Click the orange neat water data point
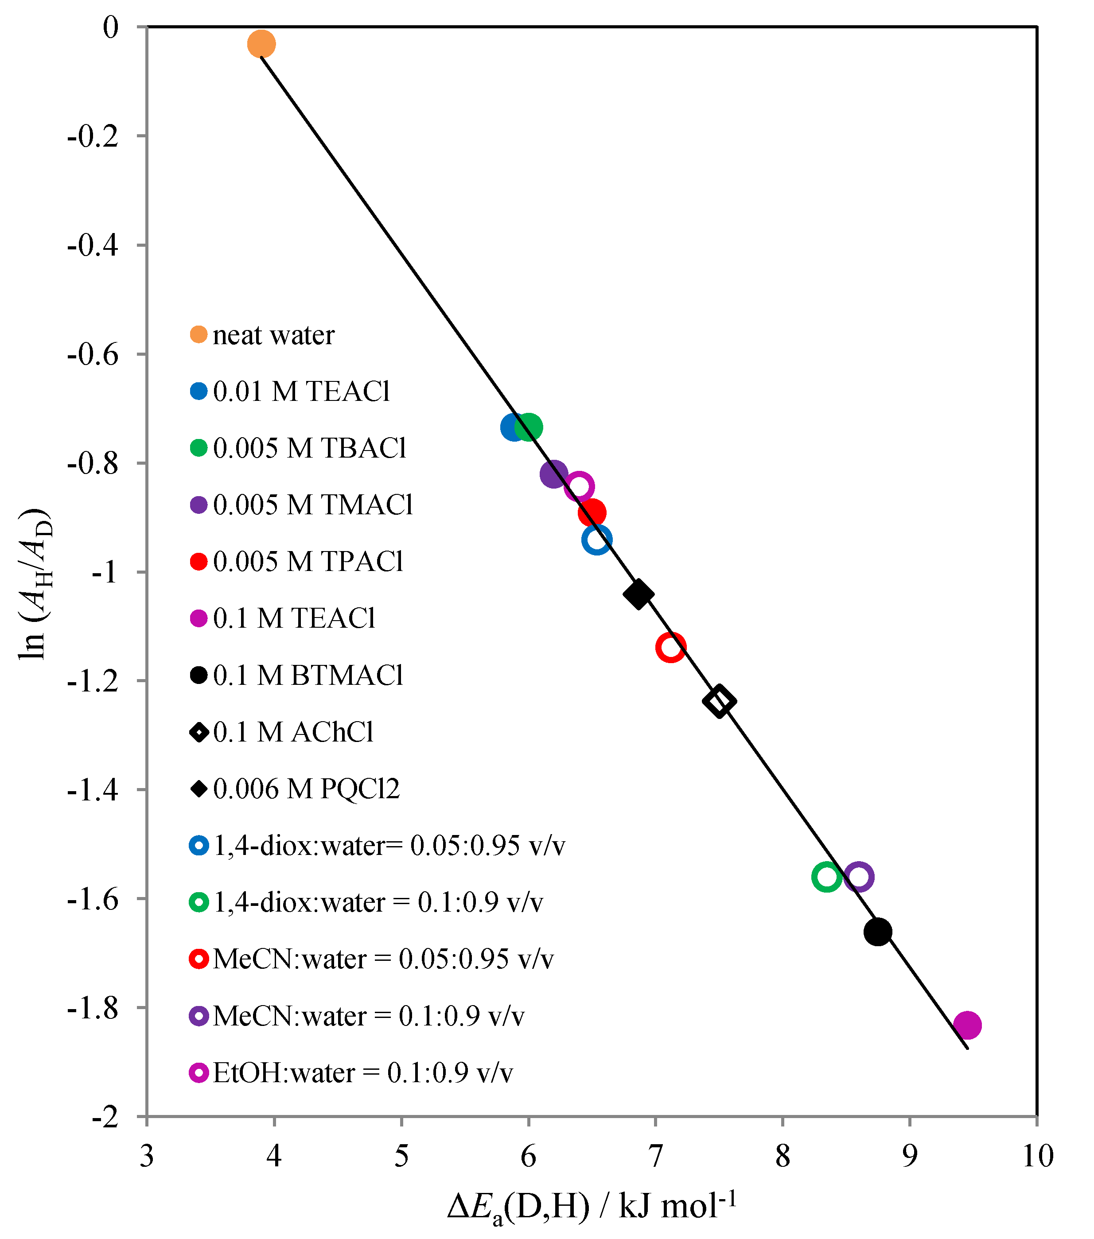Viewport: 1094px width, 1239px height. pyautogui.click(x=261, y=44)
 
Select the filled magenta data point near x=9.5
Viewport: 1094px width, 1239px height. pyautogui.click(x=967, y=1025)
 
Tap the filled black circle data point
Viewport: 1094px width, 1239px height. pyautogui.click(x=877, y=932)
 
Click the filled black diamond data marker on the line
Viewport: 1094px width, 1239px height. pyautogui.click(x=638, y=594)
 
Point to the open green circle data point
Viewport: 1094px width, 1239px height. pyautogui.click(x=826, y=877)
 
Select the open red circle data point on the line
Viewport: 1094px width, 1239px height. pyautogui.click(x=671, y=647)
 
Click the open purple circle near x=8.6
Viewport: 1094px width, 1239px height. pyautogui.click(x=859, y=877)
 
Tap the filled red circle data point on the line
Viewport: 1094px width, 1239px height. pyautogui.click(x=592, y=513)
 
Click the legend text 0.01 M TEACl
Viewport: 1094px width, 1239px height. pyautogui.click(x=301, y=392)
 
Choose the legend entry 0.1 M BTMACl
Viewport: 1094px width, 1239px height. pyautogui.click(x=308, y=675)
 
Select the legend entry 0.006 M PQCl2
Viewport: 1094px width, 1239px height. pyautogui.click(x=306, y=788)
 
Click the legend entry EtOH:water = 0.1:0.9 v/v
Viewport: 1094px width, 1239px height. pyautogui.click(x=362, y=1073)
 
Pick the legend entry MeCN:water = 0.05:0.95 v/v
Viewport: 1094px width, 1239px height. pyautogui.click(x=383, y=959)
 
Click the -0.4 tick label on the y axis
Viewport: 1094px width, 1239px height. pyautogui.click(x=92, y=245)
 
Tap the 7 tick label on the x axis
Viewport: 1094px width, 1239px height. pyautogui.click(x=655, y=1157)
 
